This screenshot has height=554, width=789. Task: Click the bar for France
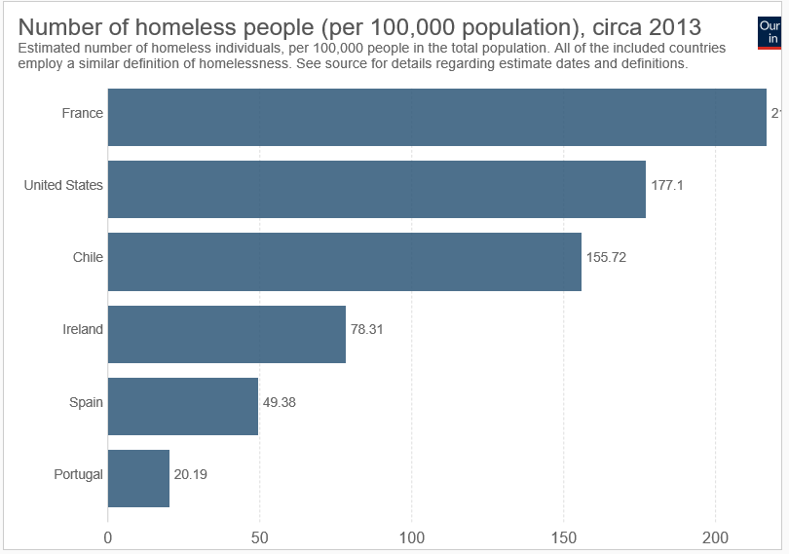[x=436, y=117]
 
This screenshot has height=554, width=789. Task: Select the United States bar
[x=376, y=189]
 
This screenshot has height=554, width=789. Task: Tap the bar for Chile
[x=344, y=261]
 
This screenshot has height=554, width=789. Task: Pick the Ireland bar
[x=226, y=334]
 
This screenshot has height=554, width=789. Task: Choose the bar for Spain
[x=182, y=406]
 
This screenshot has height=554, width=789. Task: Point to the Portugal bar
[x=138, y=478]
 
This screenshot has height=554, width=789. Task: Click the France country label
[x=82, y=113]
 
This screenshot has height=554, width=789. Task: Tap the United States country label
[x=63, y=185]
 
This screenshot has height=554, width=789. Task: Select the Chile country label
[x=88, y=257]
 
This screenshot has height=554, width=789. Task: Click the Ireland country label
[x=83, y=329]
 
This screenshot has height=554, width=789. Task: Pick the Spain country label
[x=86, y=402]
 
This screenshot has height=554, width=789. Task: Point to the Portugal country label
[x=79, y=474]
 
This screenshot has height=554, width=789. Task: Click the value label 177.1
[x=667, y=185]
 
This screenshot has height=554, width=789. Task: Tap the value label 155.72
[x=606, y=258]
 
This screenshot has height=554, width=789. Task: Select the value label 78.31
[x=367, y=330]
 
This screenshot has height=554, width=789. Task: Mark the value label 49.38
[x=280, y=402]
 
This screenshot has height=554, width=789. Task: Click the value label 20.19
[x=191, y=474]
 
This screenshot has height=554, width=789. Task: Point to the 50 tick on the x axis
[x=260, y=536]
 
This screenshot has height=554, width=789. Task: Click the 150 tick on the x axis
[x=564, y=536]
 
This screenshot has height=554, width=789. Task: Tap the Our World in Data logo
[x=770, y=32]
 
